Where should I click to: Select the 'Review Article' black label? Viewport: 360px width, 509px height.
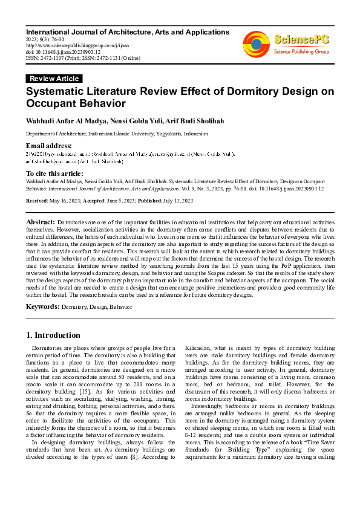click(x=54, y=79)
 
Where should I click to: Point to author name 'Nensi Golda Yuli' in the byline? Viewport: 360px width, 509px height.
click(x=134, y=121)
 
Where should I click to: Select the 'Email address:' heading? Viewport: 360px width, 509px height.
click(x=48, y=146)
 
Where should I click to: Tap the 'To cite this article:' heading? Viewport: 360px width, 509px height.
click(x=55, y=172)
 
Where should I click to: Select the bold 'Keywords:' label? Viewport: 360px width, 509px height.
click(x=42, y=306)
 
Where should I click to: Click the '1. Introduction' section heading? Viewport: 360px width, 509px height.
click(x=54, y=335)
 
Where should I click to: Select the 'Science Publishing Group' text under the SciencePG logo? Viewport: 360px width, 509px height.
click(x=301, y=52)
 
